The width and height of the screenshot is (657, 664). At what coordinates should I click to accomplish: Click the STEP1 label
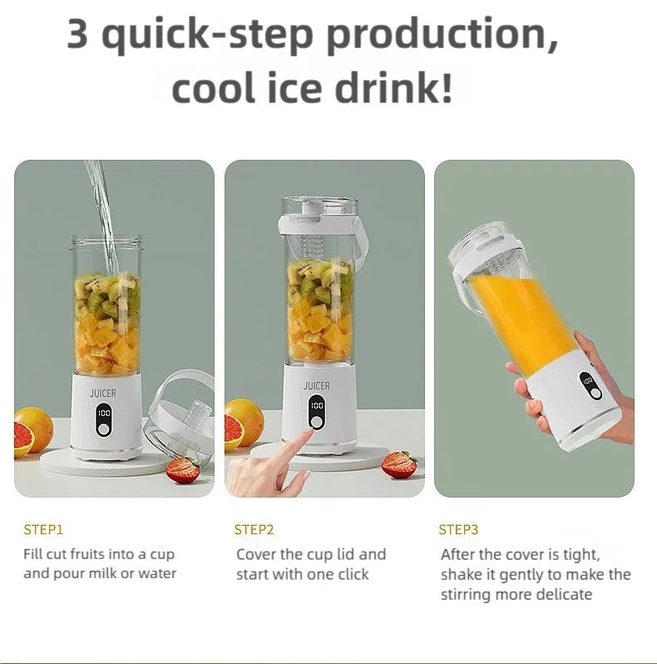(x=43, y=529)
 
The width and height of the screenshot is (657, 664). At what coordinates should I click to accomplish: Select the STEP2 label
(x=254, y=529)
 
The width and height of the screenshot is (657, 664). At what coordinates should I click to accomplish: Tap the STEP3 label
(x=458, y=529)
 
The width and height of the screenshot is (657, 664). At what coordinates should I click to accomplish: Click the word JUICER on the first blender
(x=105, y=392)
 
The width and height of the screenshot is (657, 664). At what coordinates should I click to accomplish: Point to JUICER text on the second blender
(x=316, y=385)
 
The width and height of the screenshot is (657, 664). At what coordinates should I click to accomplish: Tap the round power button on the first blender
(x=105, y=429)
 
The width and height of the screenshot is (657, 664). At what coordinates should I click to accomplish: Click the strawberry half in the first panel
(x=182, y=469)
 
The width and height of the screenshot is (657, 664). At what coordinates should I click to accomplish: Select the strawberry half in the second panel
(x=399, y=464)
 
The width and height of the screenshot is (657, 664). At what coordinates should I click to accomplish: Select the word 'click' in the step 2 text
(x=350, y=574)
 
